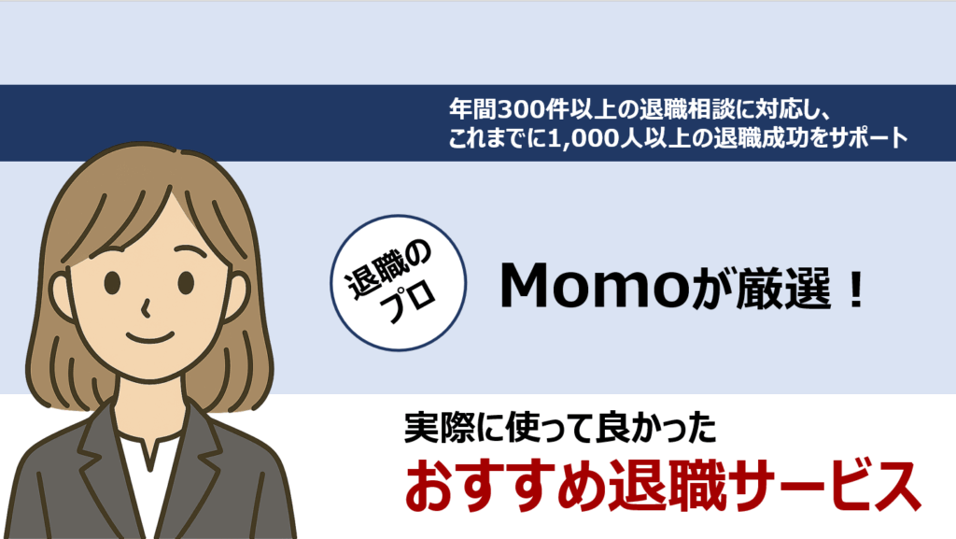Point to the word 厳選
(783, 287)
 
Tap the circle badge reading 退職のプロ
(398, 283)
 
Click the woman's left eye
(112, 283)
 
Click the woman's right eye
(186, 283)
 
